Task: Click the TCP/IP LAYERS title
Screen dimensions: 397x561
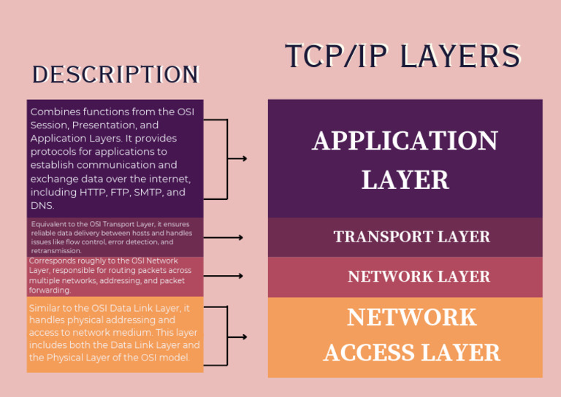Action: coord(402,56)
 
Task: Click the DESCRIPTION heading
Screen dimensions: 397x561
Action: coord(115,74)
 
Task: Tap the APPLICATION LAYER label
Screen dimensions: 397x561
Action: coord(405,160)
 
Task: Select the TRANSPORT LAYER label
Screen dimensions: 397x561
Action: coord(411,236)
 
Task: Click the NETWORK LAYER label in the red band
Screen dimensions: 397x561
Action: coord(419,277)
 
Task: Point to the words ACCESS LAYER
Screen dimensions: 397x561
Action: coord(411,352)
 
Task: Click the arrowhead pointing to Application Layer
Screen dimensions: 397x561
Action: coord(243,158)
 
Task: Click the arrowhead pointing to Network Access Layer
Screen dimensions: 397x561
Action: coord(243,336)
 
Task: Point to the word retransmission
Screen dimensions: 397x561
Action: coord(56,250)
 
